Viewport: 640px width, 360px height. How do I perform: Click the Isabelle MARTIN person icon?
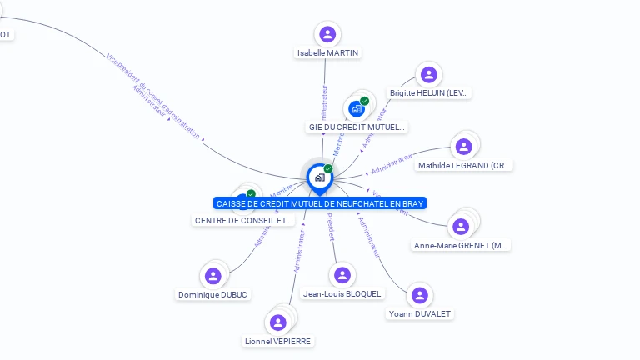[x=327, y=34]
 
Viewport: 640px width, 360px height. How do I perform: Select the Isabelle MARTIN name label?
[x=327, y=52]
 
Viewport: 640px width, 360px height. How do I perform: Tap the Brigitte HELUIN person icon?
[x=429, y=75]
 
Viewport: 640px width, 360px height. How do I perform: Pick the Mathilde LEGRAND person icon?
[x=463, y=147]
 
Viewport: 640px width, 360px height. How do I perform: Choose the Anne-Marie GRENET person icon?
[x=461, y=226]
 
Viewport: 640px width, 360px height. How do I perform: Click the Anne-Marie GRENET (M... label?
[x=462, y=245]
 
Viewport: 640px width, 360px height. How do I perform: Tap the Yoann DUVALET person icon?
[x=420, y=295]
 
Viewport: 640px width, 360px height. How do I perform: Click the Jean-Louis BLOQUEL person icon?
[x=342, y=275]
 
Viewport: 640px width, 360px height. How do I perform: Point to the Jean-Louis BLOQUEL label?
[x=342, y=293]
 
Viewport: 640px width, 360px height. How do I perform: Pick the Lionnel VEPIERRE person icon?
[x=278, y=322]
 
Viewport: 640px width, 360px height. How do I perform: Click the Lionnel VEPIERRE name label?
[x=279, y=341]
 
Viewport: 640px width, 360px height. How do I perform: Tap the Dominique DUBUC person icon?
[x=212, y=276]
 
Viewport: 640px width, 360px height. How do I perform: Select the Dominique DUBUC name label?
[x=213, y=294]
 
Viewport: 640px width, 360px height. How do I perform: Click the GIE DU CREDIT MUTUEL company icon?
[x=357, y=108]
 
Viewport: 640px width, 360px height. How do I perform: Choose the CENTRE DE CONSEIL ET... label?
[x=244, y=221]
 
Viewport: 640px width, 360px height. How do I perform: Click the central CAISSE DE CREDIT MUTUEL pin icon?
[x=319, y=177]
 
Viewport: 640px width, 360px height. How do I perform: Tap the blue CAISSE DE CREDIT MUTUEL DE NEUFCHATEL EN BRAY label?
[x=320, y=203]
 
